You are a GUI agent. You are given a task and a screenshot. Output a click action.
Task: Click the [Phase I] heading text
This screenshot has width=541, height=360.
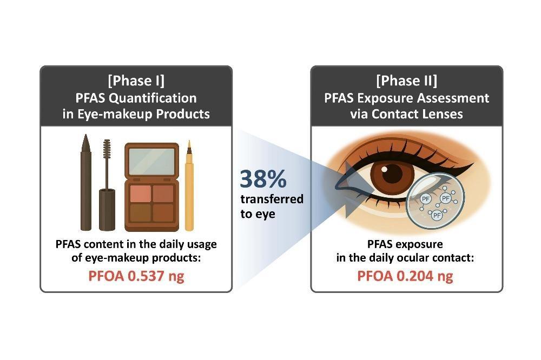coord(136,81)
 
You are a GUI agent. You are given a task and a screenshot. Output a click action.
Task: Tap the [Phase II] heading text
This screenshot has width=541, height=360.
coord(406,81)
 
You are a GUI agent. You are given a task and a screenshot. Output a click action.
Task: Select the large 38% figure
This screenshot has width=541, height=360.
coord(263,178)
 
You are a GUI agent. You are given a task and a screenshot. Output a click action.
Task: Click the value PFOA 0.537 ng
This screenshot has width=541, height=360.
coord(136,276)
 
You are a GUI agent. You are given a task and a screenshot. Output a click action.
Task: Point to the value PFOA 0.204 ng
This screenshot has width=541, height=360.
coord(405,276)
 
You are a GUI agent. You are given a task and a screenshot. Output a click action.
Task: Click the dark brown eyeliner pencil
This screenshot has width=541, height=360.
coord(85,182)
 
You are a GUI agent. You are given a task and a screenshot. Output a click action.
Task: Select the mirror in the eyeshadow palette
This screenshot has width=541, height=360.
coord(152,162)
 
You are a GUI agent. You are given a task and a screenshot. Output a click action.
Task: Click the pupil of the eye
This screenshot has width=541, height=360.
coord(392,174)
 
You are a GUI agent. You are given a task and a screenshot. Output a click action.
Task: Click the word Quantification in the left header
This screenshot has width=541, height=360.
coord(153,98)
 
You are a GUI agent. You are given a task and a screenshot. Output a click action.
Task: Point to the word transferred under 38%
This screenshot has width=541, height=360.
coord(272,199)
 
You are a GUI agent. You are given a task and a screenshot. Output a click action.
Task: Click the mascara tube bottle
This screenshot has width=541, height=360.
coord(107,210)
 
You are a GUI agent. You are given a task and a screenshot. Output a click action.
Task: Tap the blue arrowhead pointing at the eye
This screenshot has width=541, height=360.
coord(355,190)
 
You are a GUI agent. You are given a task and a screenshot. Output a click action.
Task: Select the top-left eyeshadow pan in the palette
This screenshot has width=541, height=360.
coord(141,193)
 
